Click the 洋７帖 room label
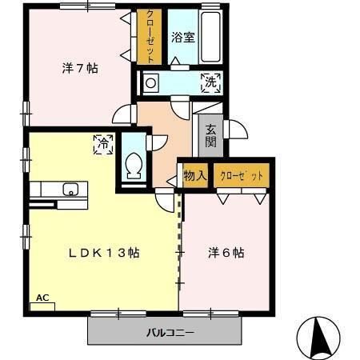(x=80, y=69)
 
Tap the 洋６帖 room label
(x=226, y=253)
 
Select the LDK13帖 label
(x=104, y=253)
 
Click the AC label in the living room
(x=42, y=298)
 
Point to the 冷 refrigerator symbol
(x=102, y=145)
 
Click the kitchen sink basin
(x=70, y=190)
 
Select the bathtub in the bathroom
(x=210, y=38)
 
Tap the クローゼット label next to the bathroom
(x=149, y=37)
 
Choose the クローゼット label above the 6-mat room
(x=241, y=176)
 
